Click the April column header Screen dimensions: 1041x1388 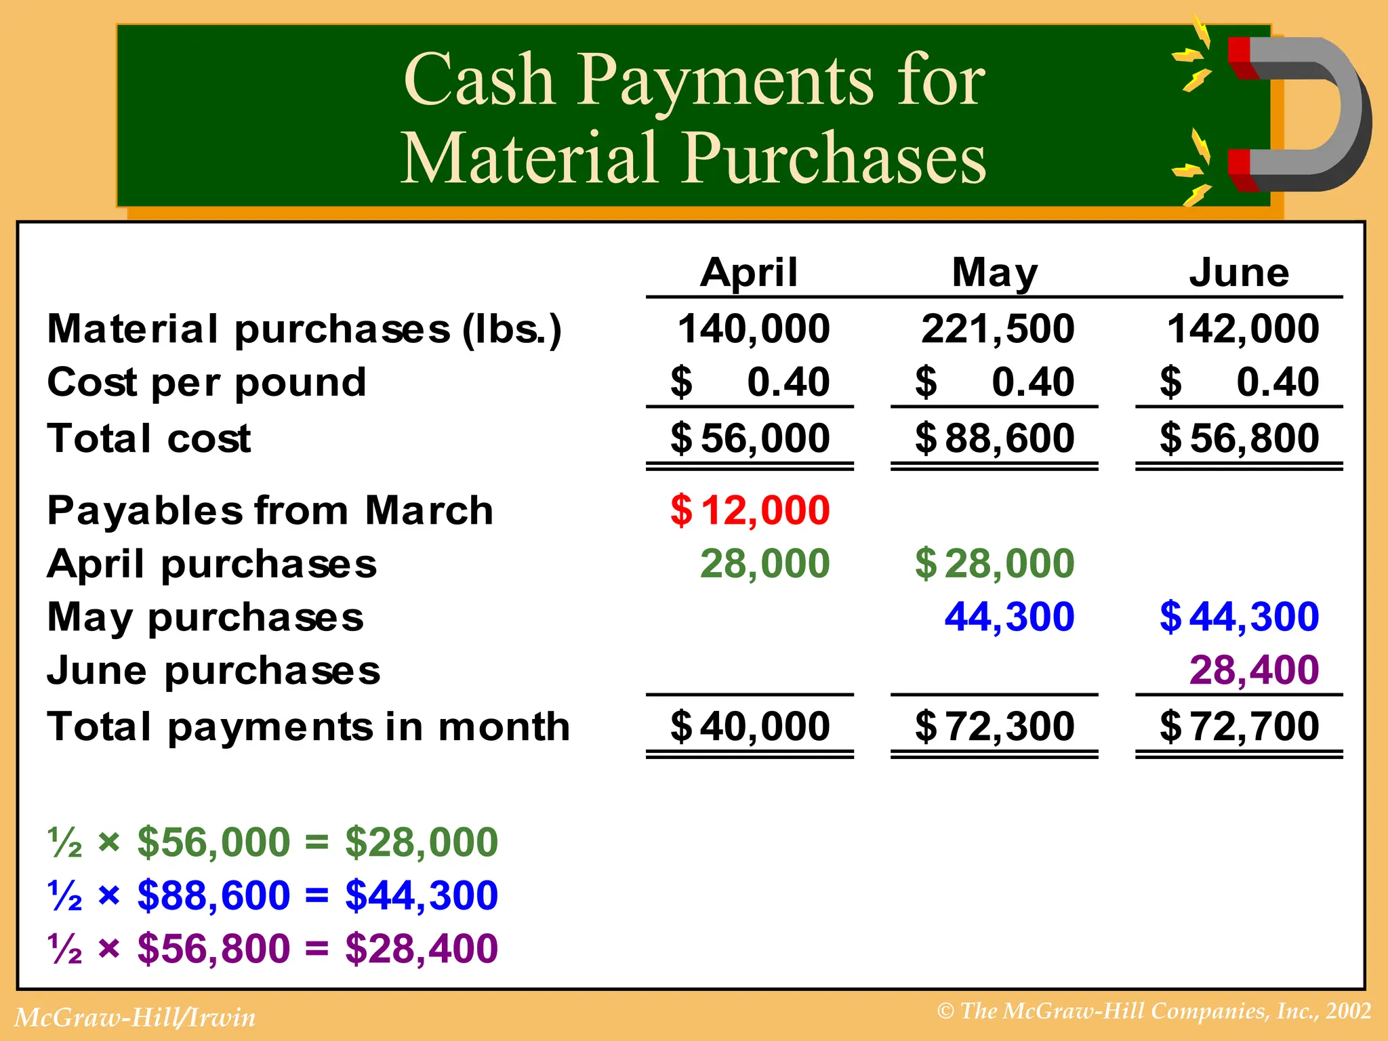tap(749, 272)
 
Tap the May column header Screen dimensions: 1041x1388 tap(994, 272)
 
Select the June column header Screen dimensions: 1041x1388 tap(1239, 272)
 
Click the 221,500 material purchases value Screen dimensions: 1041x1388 tap(998, 329)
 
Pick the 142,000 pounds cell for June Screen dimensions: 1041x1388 tap(1243, 329)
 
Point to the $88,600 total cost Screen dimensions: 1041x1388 tap(995, 438)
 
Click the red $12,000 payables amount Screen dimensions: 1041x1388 tap(750, 510)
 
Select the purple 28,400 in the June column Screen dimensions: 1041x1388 tap(1254, 670)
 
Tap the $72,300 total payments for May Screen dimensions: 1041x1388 tap(995, 727)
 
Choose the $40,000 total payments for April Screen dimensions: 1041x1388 tap(750, 727)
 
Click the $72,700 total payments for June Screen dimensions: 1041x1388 tap(1240, 727)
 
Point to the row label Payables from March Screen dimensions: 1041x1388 tap(270, 510)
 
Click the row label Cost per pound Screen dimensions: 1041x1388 tap(207, 382)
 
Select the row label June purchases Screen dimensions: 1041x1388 tap(213, 670)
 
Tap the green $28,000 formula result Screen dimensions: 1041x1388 tap(422, 842)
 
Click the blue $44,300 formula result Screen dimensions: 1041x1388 tap(422, 895)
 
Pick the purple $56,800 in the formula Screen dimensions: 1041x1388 tap(213, 947)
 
